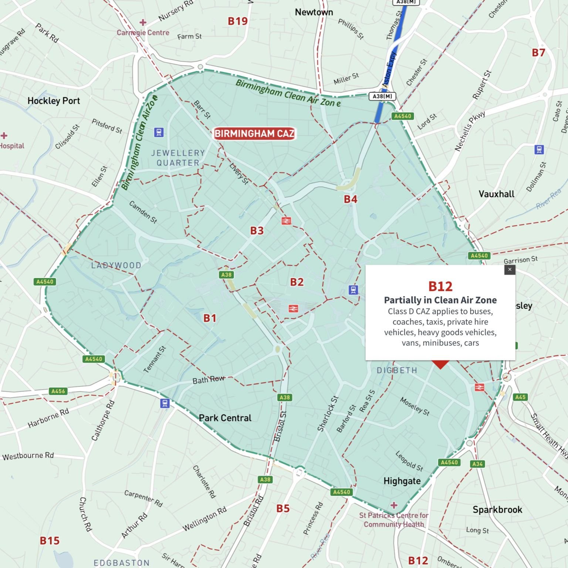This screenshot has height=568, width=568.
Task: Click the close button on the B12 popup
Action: point(510,270)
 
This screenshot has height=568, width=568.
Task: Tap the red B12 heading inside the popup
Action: point(440,287)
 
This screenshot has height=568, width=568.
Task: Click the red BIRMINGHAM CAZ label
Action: point(254,133)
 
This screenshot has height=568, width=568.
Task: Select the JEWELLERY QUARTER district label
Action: point(178,158)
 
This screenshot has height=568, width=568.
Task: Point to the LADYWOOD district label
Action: point(116,266)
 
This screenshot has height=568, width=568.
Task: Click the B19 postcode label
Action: point(237,21)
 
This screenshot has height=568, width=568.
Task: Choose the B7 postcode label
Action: point(538,53)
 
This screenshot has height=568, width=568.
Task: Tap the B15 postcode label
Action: point(50,541)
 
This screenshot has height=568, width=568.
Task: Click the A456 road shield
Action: point(58,391)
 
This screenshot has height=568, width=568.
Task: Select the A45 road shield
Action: point(520,397)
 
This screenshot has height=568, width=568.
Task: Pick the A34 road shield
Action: point(477,464)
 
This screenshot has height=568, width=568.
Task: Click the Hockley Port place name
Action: point(54,101)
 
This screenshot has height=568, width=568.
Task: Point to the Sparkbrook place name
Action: point(497,510)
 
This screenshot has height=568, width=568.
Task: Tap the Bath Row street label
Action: point(209,380)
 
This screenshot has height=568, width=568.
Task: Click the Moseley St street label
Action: point(415,406)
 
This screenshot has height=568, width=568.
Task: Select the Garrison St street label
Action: point(521,260)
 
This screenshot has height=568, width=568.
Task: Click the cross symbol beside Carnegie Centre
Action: point(143,23)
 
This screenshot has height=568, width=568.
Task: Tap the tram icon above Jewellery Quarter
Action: point(159,132)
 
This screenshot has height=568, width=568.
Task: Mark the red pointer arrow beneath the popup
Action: point(440,365)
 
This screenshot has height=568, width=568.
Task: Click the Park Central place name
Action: point(225,418)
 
